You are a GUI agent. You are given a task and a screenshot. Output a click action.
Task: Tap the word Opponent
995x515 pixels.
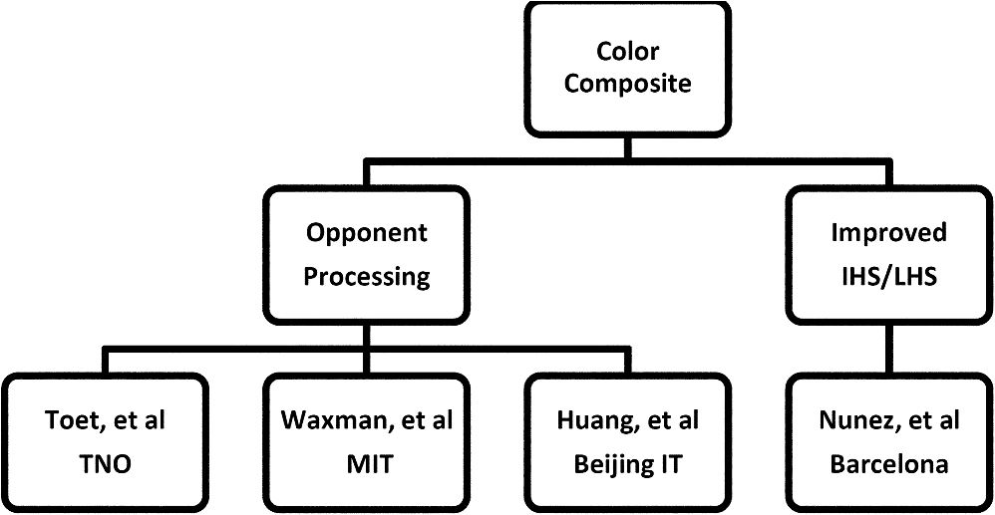click(367, 235)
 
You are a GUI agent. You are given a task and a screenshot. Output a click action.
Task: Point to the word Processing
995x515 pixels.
click(367, 276)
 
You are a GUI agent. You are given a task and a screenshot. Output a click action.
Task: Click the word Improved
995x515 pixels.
click(887, 235)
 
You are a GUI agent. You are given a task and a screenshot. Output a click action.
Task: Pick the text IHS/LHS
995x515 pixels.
click(887, 277)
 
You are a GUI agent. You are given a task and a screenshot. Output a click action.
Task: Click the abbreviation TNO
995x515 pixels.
click(106, 464)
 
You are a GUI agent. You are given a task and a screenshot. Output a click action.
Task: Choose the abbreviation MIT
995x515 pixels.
click(367, 464)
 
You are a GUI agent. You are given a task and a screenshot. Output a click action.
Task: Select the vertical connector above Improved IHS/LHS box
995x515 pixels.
click(889, 173)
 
